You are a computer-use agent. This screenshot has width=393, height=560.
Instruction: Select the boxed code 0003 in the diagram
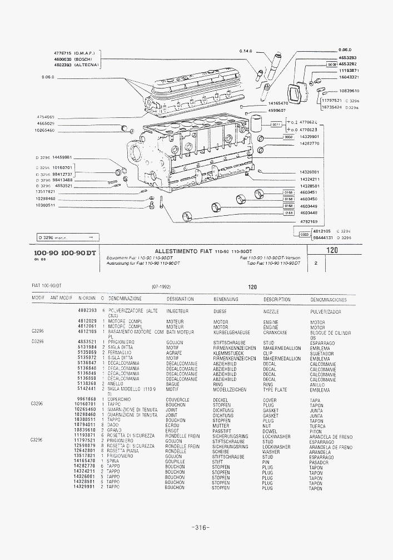[304, 235]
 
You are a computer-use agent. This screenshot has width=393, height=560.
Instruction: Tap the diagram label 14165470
[277, 103]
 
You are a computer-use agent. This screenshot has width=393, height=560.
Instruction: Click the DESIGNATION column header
[180, 299]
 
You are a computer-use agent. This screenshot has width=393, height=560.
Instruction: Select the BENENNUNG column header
[226, 299]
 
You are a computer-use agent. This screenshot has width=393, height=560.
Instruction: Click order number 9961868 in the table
[87, 399]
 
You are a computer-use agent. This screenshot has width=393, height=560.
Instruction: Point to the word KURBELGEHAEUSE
[231, 333]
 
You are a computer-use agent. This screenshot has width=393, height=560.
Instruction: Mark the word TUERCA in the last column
[318, 426]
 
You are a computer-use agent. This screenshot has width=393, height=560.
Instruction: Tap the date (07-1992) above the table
[161, 287]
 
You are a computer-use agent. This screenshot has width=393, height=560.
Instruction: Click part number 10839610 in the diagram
[349, 91]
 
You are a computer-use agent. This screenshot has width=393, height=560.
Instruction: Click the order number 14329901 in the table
[85, 487]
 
